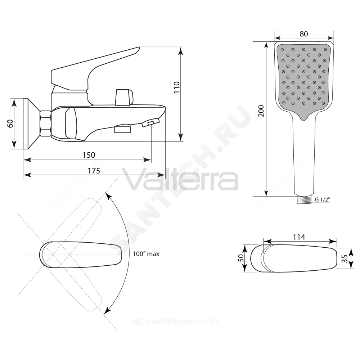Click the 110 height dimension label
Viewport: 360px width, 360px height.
[176, 87]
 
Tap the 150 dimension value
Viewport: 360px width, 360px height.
[89, 155]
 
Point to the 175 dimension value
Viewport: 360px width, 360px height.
[94, 171]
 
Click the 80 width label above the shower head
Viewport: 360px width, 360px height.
[303, 34]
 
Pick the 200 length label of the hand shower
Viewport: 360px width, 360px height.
[261, 111]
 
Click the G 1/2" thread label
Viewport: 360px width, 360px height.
[322, 199]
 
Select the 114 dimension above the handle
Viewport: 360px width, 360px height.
[299, 237]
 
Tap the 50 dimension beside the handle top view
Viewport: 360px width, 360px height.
[240, 258]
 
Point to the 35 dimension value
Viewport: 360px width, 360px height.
[345, 259]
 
